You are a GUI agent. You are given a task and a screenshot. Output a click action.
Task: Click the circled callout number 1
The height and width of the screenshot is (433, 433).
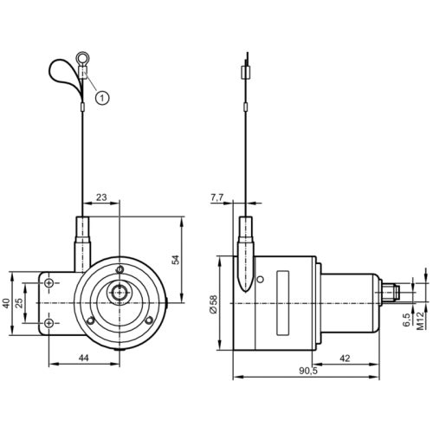(x=102, y=97)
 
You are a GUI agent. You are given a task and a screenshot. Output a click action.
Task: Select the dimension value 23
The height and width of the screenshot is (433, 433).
(x=100, y=198)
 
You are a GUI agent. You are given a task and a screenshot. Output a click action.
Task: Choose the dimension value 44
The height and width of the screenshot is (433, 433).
(x=83, y=358)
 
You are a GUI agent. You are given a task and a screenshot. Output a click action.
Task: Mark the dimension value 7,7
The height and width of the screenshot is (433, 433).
(x=217, y=198)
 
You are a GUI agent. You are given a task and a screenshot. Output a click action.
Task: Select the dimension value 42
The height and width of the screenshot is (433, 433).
(x=345, y=358)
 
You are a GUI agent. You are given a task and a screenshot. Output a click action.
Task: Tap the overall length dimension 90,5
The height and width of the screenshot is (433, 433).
(x=307, y=372)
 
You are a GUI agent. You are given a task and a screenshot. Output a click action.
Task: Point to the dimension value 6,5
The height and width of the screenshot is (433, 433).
(x=406, y=318)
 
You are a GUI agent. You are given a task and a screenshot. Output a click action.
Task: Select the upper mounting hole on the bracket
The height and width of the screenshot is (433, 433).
(x=49, y=283)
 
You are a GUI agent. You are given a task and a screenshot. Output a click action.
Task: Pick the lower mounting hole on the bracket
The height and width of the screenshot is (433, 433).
(x=49, y=323)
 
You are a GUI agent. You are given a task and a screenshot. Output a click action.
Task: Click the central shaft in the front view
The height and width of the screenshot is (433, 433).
(x=117, y=293)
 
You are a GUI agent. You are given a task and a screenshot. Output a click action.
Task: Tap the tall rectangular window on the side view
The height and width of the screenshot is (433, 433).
(x=281, y=303)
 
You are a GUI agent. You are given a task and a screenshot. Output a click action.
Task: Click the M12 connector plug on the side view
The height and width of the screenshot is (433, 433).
(x=392, y=292)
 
